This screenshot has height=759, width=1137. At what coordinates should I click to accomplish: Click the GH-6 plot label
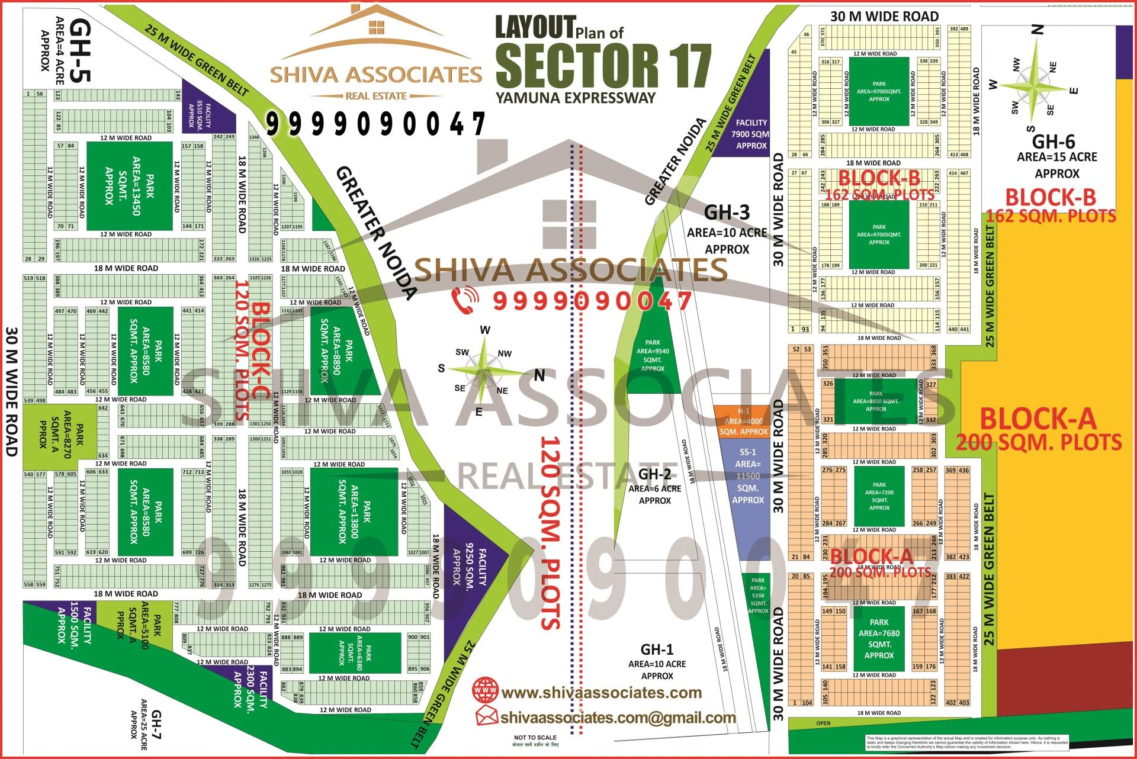click(x=1054, y=142)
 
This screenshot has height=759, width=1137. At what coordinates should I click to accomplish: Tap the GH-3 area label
click(x=727, y=213)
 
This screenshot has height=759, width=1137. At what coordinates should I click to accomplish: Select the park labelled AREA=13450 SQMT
click(x=130, y=186)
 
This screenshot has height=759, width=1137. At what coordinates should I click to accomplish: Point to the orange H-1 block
click(x=743, y=421)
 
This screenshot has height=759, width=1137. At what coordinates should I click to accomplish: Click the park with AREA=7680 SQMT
click(x=879, y=638)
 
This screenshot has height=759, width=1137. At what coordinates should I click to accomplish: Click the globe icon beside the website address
click(x=486, y=691)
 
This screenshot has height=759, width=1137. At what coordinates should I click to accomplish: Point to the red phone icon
click(x=465, y=300)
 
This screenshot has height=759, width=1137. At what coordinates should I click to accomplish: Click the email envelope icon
click(x=487, y=716)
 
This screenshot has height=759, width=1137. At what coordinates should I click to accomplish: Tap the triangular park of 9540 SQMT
click(x=652, y=355)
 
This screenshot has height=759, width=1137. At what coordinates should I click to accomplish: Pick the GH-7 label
click(x=156, y=725)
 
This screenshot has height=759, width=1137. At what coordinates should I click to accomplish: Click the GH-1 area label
click(x=657, y=649)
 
